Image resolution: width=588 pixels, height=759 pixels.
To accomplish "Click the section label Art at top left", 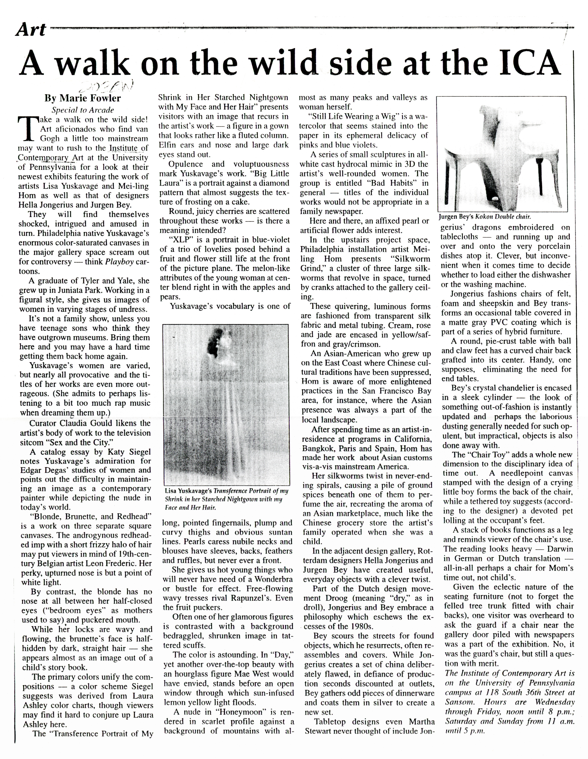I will [31, 30].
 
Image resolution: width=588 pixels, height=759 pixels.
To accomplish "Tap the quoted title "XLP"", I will [181, 240].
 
